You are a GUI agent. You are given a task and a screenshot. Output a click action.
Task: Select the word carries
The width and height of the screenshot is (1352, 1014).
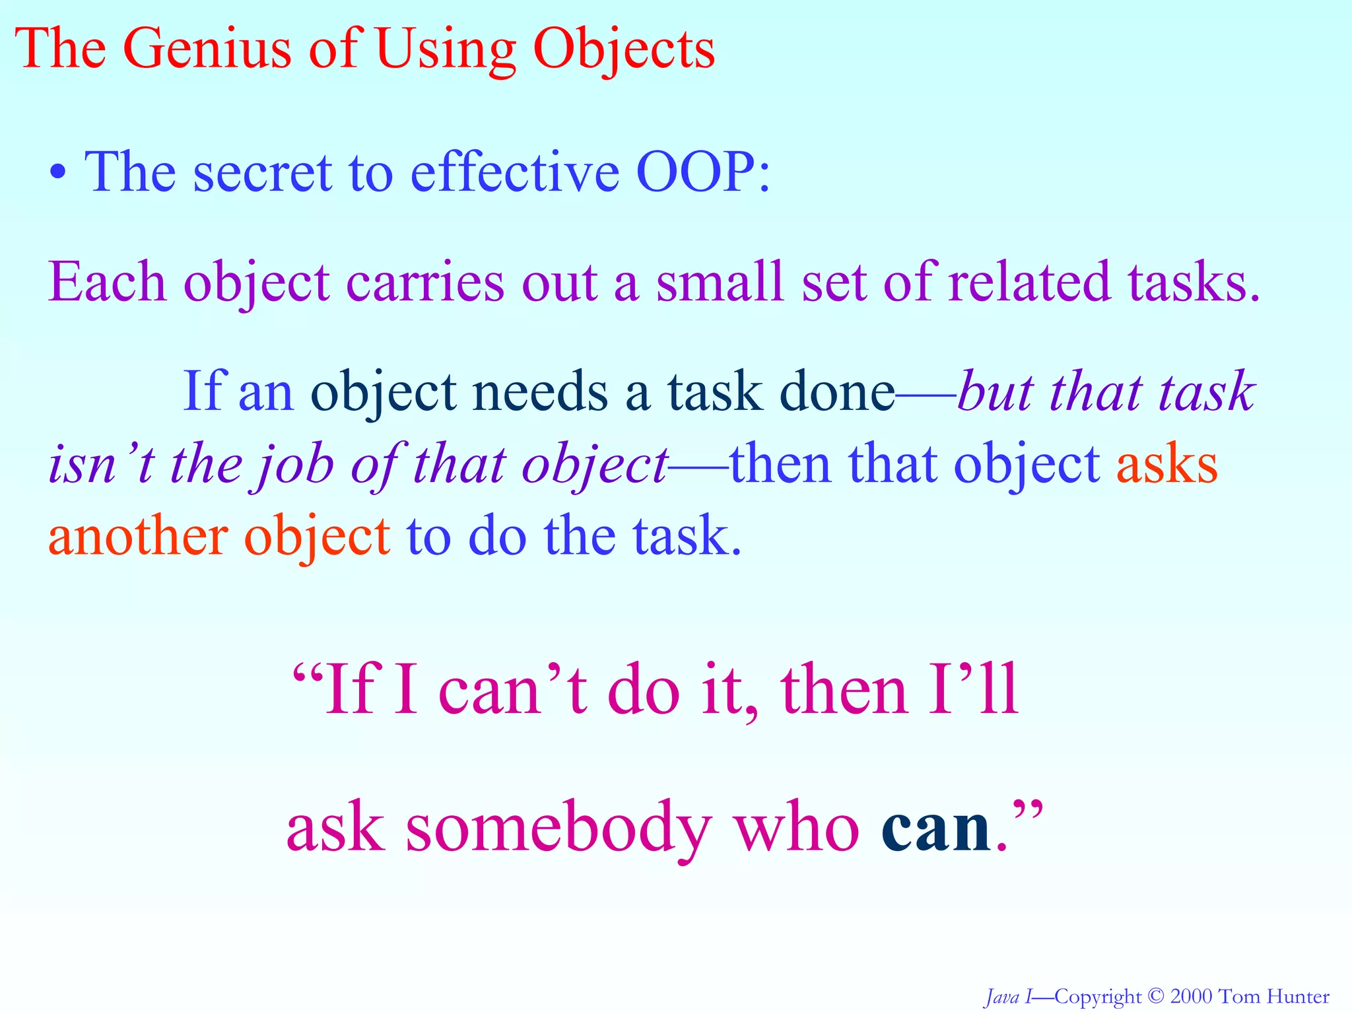point(425,282)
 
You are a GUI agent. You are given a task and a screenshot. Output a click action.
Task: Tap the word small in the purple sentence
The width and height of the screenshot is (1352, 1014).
point(720,282)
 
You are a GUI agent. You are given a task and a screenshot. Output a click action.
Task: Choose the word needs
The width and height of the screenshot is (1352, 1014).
point(542,392)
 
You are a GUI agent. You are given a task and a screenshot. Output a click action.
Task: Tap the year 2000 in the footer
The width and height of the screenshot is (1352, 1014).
point(1191,996)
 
